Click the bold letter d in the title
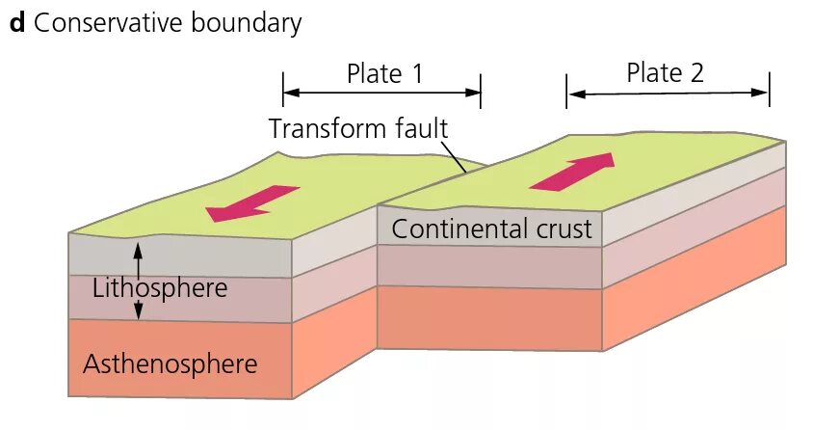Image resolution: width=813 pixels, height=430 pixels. (x=16, y=23)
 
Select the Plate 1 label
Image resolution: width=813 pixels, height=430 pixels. (x=384, y=74)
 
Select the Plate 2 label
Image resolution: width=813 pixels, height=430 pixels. (x=666, y=72)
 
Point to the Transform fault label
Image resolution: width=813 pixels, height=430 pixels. (x=358, y=128)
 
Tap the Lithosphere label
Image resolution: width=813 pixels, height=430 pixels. (x=160, y=287)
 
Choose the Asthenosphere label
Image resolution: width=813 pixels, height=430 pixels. (x=170, y=364)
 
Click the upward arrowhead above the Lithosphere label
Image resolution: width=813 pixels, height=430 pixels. (x=137, y=249)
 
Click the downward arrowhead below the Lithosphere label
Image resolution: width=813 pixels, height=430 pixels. (x=137, y=313)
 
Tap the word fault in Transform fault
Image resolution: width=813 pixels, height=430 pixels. (x=419, y=128)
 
